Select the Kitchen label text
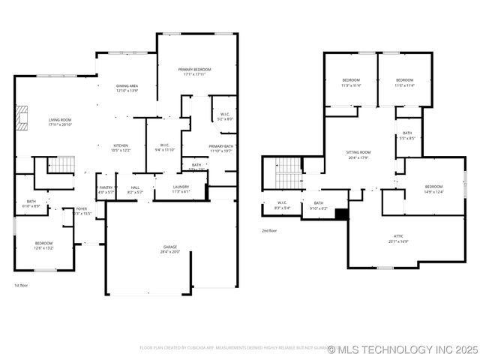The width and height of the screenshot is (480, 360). [x=121, y=147]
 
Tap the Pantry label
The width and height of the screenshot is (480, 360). [x=106, y=189]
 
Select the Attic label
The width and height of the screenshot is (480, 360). [x=398, y=238]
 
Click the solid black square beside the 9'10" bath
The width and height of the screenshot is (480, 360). [x=341, y=214]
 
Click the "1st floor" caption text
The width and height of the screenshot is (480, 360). [x=21, y=286]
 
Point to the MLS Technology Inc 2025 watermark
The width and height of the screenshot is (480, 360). [x=402, y=349]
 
